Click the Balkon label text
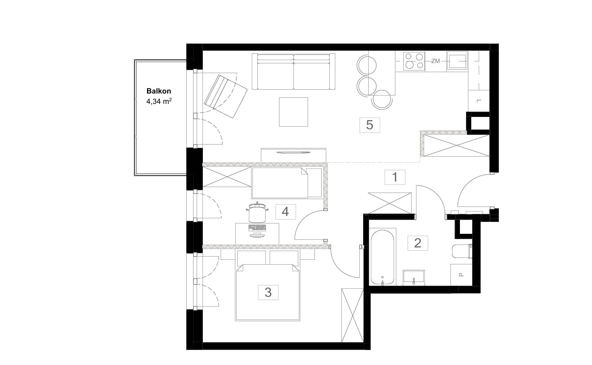click(159, 91)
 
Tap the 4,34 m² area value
click(159, 101)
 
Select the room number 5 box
click(370, 125)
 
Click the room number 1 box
click(395, 177)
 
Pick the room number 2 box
click(418, 243)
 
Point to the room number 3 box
click(268, 292)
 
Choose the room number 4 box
click(285, 212)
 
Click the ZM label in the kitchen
click(436, 61)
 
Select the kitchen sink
click(457, 61)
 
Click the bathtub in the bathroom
click(383, 257)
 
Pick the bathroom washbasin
click(414, 278)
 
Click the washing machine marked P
click(461, 275)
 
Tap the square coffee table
click(293, 112)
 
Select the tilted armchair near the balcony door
click(226, 96)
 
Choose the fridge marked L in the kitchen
click(479, 101)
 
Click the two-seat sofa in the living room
click(293, 71)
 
